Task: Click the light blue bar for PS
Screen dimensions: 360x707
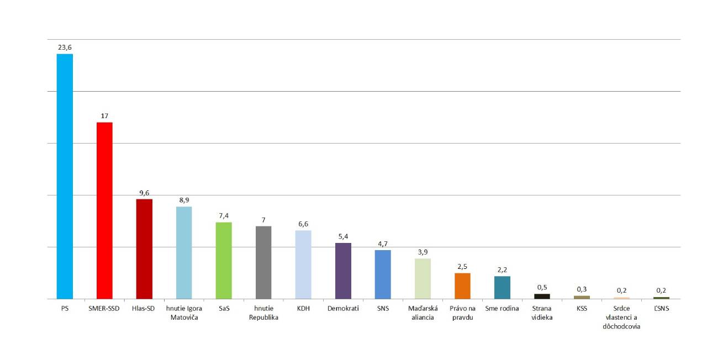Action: point(65,176)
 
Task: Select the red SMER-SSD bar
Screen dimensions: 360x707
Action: point(104,210)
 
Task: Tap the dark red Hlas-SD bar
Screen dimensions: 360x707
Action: point(144,249)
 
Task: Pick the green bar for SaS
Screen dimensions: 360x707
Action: point(224,261)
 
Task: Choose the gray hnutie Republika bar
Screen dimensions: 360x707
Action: point(263,262)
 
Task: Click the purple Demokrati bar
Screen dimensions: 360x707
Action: point(343,271)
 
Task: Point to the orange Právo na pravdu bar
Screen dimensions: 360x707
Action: point(462,286)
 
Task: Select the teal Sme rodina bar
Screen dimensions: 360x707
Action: point(502,288)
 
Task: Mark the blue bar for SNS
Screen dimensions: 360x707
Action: point(383,274)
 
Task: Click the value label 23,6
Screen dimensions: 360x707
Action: point(65,47)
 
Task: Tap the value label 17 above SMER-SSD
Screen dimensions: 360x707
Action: point(104,116)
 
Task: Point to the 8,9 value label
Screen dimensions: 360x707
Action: point(184,200)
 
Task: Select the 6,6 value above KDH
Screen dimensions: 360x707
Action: point(303,224)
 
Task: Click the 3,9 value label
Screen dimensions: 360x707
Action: point(423,252)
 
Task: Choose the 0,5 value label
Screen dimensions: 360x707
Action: point(542,287)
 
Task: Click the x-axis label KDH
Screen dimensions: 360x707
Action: point(303,308)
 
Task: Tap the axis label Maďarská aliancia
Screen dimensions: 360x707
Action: point(423,313)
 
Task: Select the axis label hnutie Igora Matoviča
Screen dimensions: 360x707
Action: point(184,313)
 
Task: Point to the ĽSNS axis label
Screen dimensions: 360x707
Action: point(661,308)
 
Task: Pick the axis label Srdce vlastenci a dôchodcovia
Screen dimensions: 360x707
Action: point(621,317)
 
